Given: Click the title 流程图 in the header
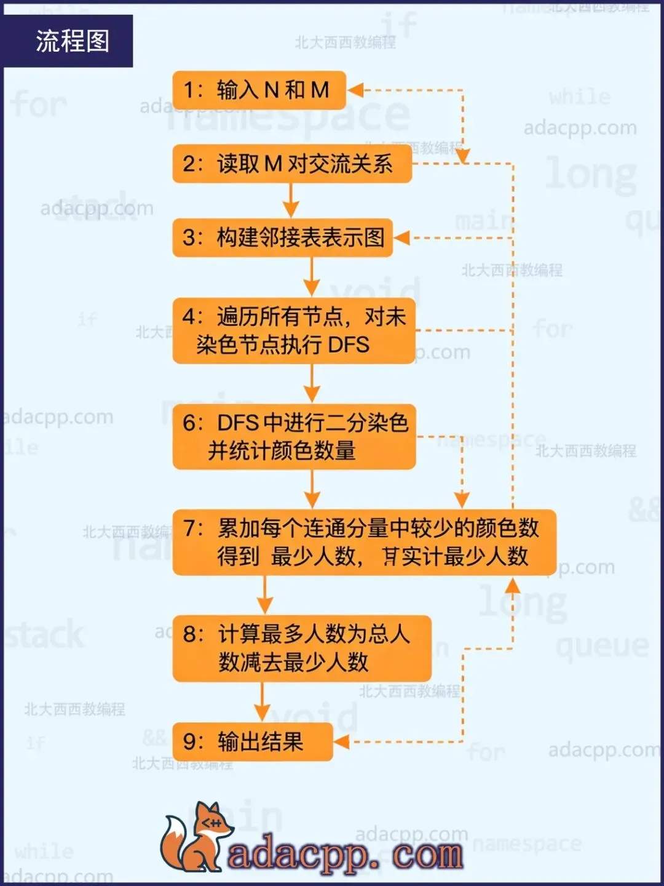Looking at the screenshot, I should (72, 41).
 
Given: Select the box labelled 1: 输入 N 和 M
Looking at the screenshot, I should (259, 90).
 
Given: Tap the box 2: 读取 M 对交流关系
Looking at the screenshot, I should (291, 164).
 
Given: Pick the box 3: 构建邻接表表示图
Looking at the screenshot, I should (282, 237).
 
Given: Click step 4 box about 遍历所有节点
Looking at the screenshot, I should (294, 330).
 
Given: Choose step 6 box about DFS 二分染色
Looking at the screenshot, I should (294, 436).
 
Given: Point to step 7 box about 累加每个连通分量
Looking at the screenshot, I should (364, 542).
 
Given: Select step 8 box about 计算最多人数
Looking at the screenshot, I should (301, 648).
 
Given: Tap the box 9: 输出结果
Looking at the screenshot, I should (252, 741).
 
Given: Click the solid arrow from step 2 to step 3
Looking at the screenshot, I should (291, 201).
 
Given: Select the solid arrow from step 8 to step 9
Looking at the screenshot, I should (262, 701).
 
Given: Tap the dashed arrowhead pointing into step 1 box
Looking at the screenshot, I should (355, 90).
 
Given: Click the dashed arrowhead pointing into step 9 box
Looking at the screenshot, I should (341, 741).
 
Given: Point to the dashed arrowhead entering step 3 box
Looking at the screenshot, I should (401, 237).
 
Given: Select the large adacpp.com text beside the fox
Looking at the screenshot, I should (345, 854).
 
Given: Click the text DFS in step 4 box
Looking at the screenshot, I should (349, 345).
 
